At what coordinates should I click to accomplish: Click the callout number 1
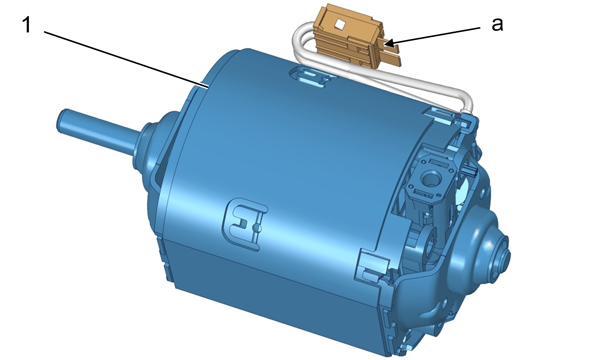point(27,25)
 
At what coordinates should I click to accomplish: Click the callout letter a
point(497,25)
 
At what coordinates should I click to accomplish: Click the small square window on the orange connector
point(338,25)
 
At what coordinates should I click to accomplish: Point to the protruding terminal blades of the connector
point(392,55)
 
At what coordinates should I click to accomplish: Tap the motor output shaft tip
point(63,122)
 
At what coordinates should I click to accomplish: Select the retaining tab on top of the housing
point(312,76)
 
